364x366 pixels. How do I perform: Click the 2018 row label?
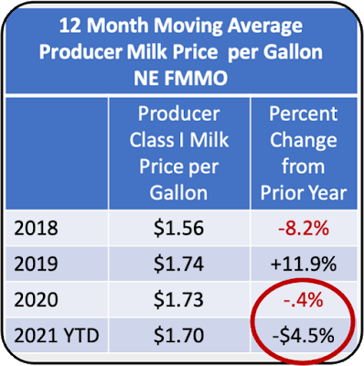[36, 228]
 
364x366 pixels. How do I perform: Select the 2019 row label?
[36, 264]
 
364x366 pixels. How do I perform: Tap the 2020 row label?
[36, 299]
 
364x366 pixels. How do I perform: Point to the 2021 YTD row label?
[57, 336]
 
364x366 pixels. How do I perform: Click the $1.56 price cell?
[178, 228]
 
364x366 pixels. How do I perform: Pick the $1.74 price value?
[178, 264]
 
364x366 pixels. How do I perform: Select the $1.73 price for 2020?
[178, 299]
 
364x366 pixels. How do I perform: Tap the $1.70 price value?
[178, 336]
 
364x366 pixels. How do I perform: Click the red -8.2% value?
[304, 228]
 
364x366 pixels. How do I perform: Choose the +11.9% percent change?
[304, 264]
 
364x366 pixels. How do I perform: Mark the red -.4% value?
[304, 299]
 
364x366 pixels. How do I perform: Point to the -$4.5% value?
[304, 336]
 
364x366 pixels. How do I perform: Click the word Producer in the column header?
[179, 113]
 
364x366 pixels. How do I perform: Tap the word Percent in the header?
[304, 113]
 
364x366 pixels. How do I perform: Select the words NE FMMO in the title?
[181, 78]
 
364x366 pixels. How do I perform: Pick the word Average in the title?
[265, 27]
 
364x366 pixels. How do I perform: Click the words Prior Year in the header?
[304, 193]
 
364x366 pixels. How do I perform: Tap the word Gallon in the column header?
[178, 193]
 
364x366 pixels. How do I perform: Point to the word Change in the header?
[304, 141]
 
